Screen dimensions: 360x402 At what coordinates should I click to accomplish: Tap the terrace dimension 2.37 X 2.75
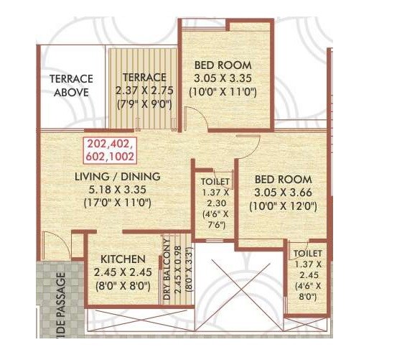pos(144,90)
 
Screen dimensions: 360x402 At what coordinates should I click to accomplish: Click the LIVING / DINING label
pos(118,176)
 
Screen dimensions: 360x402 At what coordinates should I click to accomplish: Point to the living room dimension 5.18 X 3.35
pos(118,190)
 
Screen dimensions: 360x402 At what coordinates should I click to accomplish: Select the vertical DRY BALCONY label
pos(166,269)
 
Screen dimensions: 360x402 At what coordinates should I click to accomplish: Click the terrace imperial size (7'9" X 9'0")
pos(144,103)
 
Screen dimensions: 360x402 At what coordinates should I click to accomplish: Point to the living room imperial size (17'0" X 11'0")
pos(118,203)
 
